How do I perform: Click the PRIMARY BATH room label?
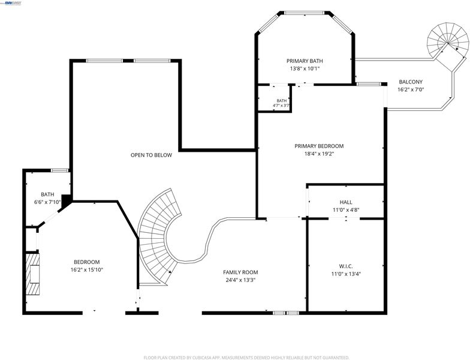(305, 61)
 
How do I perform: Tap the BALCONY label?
(411, 82)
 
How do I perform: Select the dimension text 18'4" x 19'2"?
(319, 154)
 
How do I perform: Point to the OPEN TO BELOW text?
(151, 155)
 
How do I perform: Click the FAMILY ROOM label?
(240, 272)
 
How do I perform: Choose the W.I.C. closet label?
(346, 266)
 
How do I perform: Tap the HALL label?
(346, 202)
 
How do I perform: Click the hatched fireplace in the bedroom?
(32, 275)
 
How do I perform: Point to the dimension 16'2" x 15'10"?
(87, 270)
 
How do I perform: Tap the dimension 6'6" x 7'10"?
(48, 202)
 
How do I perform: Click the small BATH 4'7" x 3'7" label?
(282, 103)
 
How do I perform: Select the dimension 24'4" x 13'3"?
(240, 280)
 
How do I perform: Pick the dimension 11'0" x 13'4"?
(346, 274)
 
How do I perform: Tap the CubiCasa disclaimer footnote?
(246, 358)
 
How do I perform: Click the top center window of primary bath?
(305, 13)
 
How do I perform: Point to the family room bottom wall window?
(286, 313)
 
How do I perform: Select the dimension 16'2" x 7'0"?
(411, 89)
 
